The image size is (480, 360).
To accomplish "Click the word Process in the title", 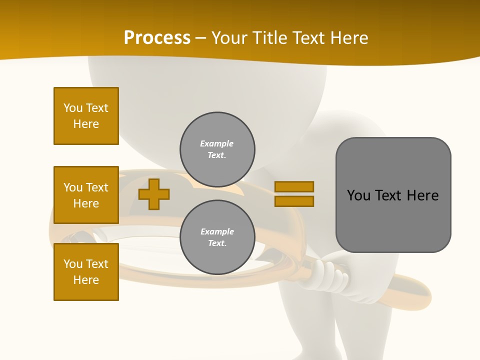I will pyautogui.click(x=157, y=37).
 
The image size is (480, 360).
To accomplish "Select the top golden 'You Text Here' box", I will pyautogui.click(x=86, y=116).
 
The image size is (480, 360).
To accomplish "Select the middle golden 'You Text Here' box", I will pyautogui.click(x=86, y=195).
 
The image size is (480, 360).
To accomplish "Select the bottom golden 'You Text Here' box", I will pyautogui.click(x=86, y=272).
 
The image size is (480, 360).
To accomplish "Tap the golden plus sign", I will pyautogui.click(x=153, y=194).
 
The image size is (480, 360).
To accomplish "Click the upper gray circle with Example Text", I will pyautogui.click(x=217, y=149).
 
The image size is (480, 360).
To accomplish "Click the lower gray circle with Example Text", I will pyautogui.click(x=217, y=237).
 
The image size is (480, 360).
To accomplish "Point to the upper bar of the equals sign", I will pyautogui.click(x=294, y=186).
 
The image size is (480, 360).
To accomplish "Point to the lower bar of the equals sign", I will pyautogui.click(x=294, y=201).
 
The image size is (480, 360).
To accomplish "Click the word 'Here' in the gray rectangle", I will pyautogui.click(x=422, y=195).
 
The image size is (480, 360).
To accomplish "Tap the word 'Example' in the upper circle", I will pyautogui.click(x=216, y=143).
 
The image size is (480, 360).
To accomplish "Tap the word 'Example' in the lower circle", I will pyautogui.click(x=217, y=231).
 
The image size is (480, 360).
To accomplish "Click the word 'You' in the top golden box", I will pyautogui.click(x=72, y=108).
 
